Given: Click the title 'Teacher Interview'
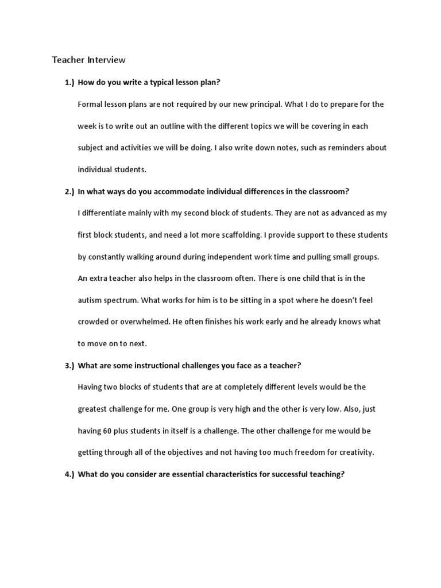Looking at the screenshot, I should coord(88,60).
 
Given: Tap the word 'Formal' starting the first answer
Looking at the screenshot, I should coord(90,105).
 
